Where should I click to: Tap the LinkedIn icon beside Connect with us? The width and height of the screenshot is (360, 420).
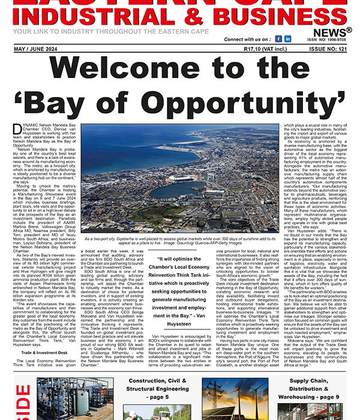[x=287, y=39]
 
